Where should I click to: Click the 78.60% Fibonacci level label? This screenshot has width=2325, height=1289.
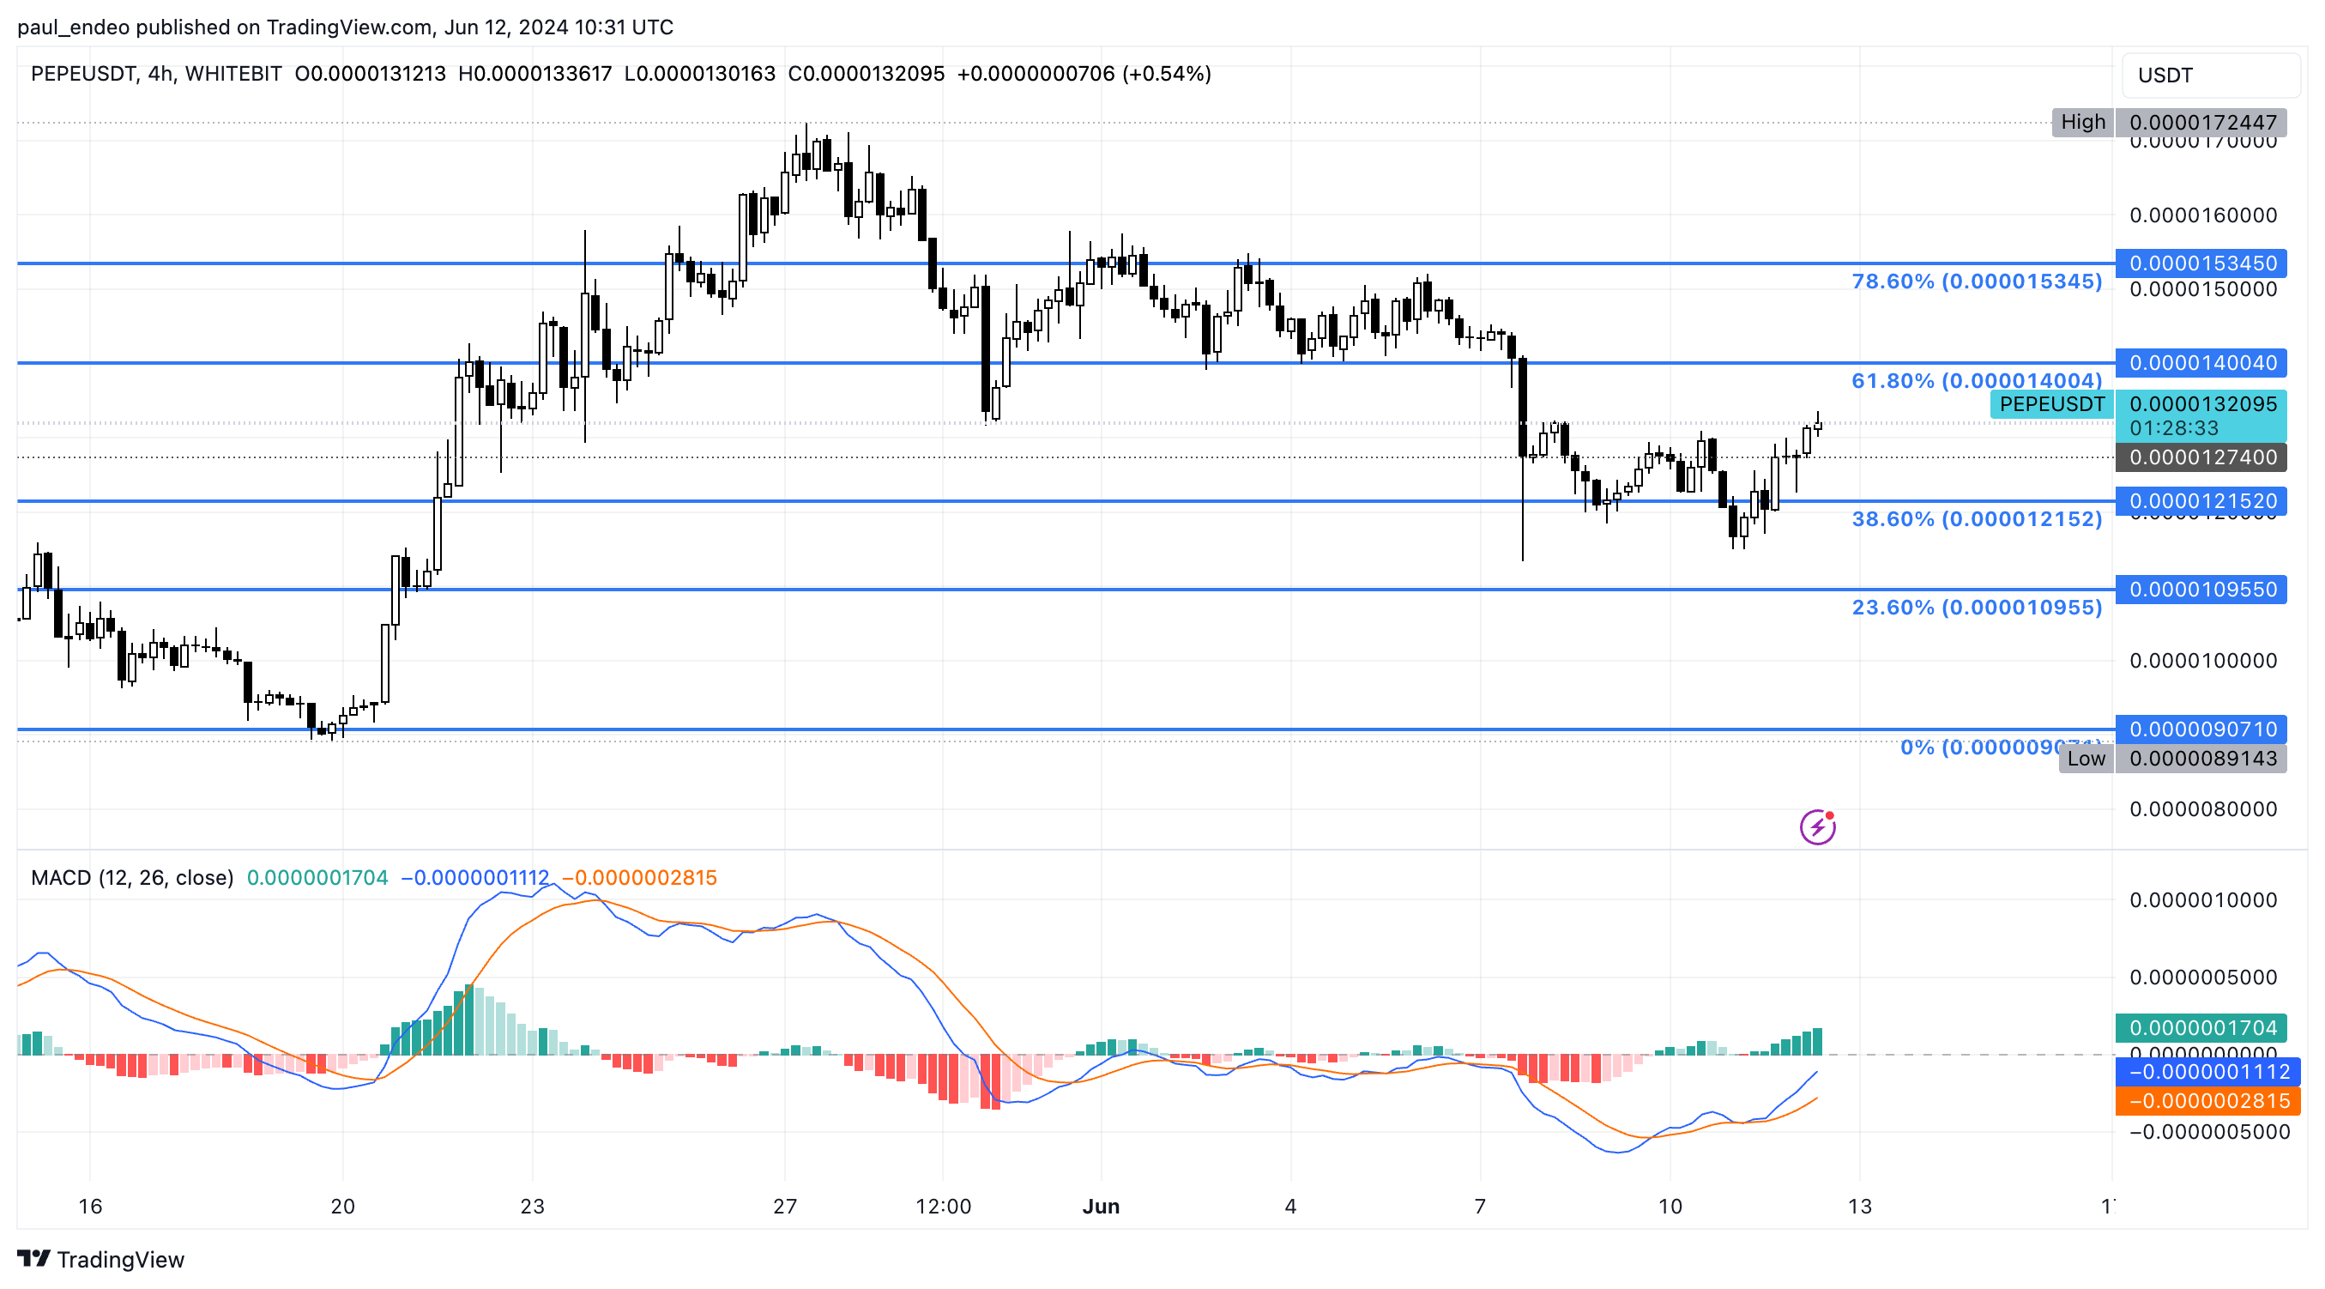1976,281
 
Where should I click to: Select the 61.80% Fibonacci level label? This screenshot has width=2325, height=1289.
1976,381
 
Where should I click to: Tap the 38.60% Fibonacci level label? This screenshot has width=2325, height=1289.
1976,519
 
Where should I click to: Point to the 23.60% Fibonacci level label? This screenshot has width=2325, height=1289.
1976,608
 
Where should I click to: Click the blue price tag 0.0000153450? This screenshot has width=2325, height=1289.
2201,263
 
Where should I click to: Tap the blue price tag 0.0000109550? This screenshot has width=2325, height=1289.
2201,590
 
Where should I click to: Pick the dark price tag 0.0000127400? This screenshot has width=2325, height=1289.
2201,457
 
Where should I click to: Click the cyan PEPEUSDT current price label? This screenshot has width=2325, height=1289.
2050,404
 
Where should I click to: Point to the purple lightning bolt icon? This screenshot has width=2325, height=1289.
1817,826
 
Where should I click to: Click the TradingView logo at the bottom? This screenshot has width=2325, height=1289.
100,1259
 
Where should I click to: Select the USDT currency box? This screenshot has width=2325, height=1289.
2209,75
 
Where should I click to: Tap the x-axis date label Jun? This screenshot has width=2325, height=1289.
1100,1206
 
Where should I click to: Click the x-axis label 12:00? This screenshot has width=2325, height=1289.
943,1206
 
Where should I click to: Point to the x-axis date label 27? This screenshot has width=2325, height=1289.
784,1206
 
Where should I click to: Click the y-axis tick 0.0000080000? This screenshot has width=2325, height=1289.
2202,808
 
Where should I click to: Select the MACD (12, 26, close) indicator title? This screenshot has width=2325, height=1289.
132,877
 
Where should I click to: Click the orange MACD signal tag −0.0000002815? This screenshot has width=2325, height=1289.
2207,1101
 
